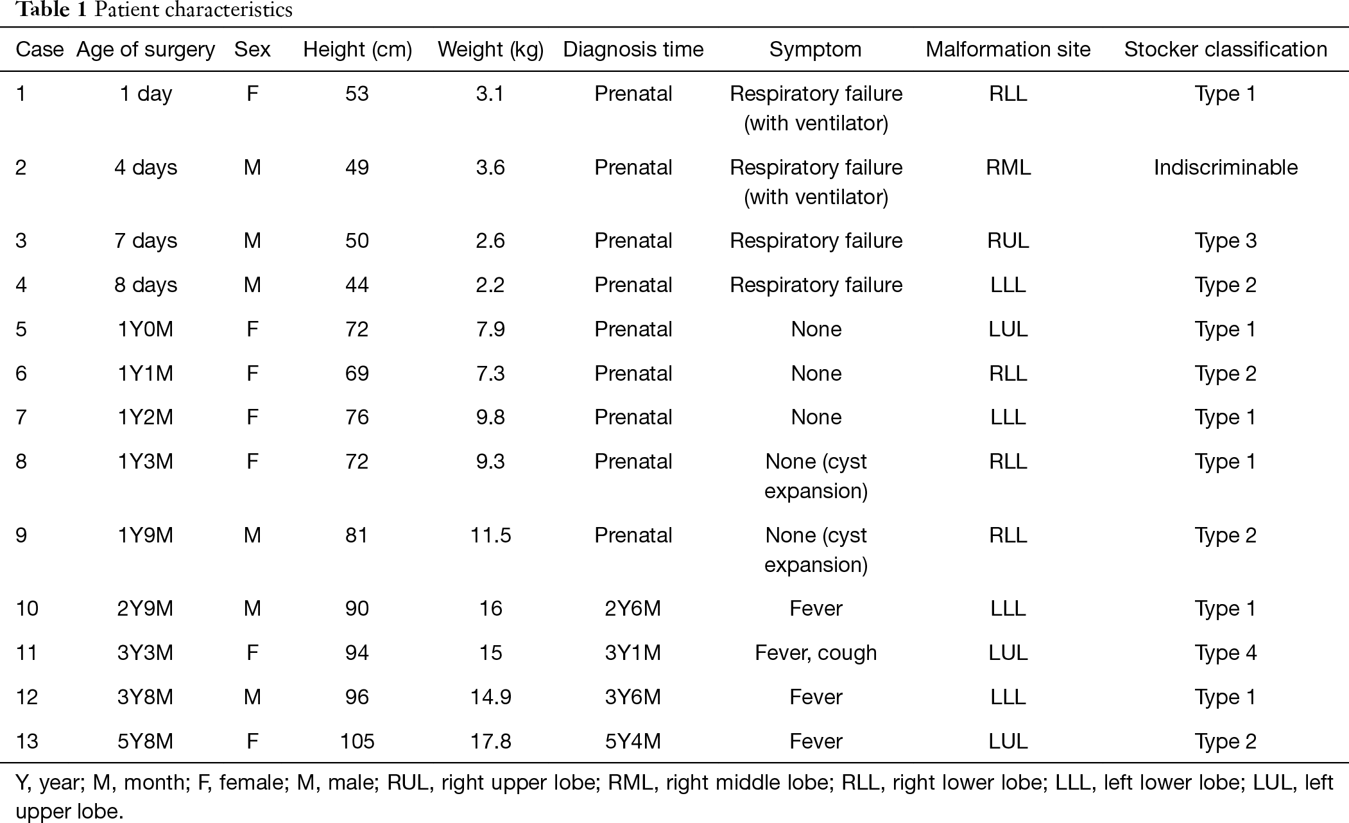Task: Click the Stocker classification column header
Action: [1225, 49]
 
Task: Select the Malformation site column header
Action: [1008, 49]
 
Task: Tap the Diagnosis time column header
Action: [633, 50]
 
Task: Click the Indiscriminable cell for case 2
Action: [1225, 168]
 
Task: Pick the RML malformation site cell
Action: [1008, 168]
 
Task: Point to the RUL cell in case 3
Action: [1008, 241]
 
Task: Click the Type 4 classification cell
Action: [1225, 653]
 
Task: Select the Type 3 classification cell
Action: [1225, 241]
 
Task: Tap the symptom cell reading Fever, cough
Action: [816, 653]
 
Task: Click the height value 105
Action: [357, 741]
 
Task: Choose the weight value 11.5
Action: [490, 535]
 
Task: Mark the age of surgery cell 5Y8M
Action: [145, 741]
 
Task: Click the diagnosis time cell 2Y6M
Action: [633, 609]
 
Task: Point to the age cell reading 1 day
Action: [146, 94]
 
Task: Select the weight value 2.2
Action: [490, 285]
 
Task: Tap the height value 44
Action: [357, 285]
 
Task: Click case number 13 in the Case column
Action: [27, 741]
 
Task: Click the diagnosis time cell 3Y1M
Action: [633, 653]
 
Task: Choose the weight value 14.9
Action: [490, 697]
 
